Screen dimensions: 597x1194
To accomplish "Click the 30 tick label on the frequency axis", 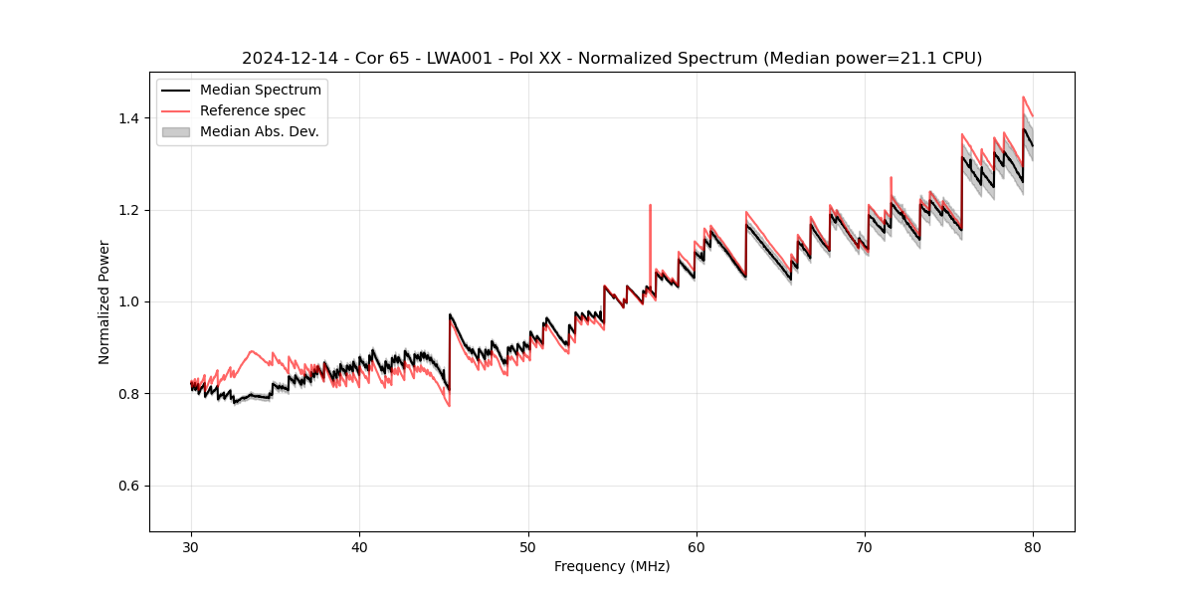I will point(191,547).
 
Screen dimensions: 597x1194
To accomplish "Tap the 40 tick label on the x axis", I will point(359,547).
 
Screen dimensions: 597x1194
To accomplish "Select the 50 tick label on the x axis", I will point(528,547).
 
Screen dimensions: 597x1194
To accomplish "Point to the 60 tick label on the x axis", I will point(696,547).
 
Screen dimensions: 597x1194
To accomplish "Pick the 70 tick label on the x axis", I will point(865,547).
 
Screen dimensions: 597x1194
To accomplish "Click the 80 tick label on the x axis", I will point(1033,547).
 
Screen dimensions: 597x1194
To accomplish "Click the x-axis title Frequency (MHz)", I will point(612,567).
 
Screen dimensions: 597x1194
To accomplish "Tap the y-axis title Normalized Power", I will point(104,301).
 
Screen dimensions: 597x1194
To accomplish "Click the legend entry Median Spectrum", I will point(261,91).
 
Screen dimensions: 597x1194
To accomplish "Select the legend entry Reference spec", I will point(253,110).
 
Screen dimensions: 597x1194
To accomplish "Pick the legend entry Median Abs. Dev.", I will point(259,131).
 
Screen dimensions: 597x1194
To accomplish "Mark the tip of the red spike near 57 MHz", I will point(650,205).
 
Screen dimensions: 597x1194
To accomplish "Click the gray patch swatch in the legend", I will point(177,131).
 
